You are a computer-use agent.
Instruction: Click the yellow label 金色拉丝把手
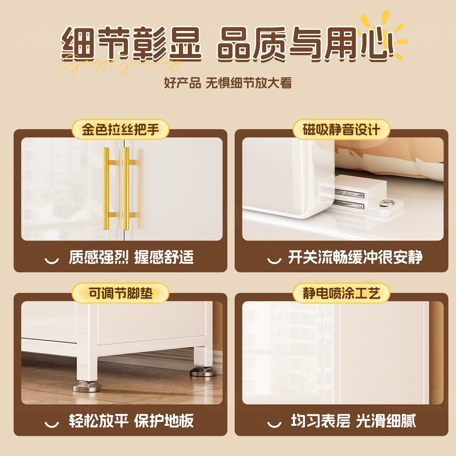click(120, 130)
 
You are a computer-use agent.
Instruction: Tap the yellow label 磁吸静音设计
click(341, 130)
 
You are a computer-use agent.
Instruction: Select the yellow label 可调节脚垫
click(120, 293)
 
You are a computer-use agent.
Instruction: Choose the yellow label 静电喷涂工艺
click(341, 293)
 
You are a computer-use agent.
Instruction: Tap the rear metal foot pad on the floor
click(203, 372)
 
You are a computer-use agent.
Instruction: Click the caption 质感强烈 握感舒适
click(131, 257)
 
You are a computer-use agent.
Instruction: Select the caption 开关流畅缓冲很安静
click(355, 257)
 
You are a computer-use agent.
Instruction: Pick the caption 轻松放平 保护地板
click(131, 421)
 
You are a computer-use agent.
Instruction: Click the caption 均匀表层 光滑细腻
click(353, 421)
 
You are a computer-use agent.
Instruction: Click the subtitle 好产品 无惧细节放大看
click(228, 83)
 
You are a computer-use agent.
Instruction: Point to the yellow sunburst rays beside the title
click(396, 32)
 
